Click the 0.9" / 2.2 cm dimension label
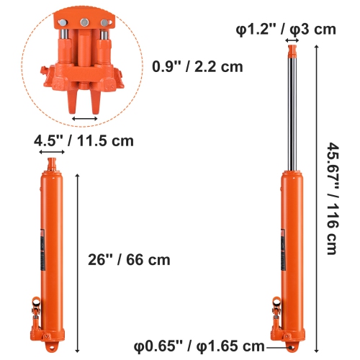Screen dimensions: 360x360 pos(197,67)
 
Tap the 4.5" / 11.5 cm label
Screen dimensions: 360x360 pos(84,140)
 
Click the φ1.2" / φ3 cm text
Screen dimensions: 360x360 pos(287,29)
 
